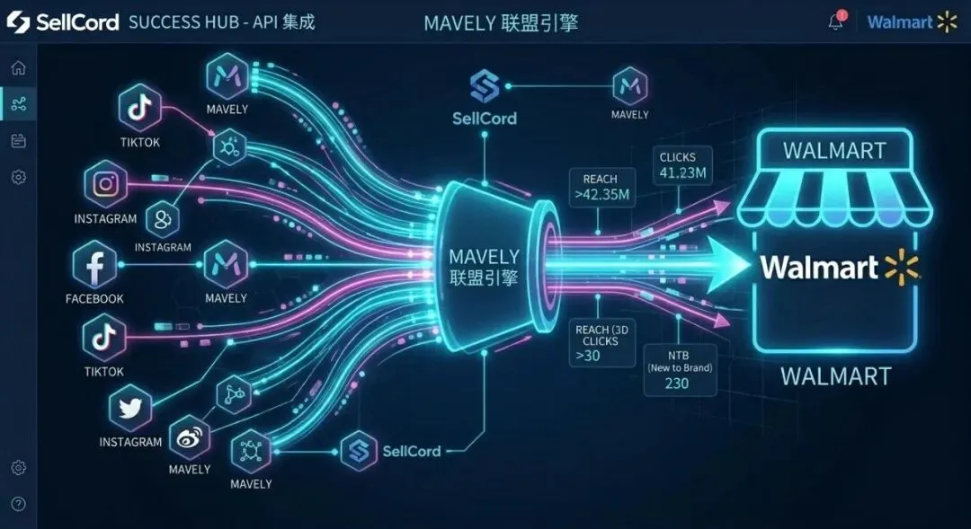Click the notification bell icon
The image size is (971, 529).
pos(836,22)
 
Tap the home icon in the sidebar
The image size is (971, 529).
pos(18,68)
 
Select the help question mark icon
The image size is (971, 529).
pos(18,504)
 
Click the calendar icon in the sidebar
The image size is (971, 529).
pos(18,141)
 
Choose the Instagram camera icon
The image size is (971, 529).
pos(106,185)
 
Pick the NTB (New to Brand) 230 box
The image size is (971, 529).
pos(681,368)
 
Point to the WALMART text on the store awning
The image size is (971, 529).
pos(834,150)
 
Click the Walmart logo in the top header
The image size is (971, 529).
pos(912,22)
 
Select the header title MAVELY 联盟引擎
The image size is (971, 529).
pos(501,22)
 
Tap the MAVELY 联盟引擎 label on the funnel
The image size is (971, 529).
pos(484,267)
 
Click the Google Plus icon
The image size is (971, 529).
pos(163,218)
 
